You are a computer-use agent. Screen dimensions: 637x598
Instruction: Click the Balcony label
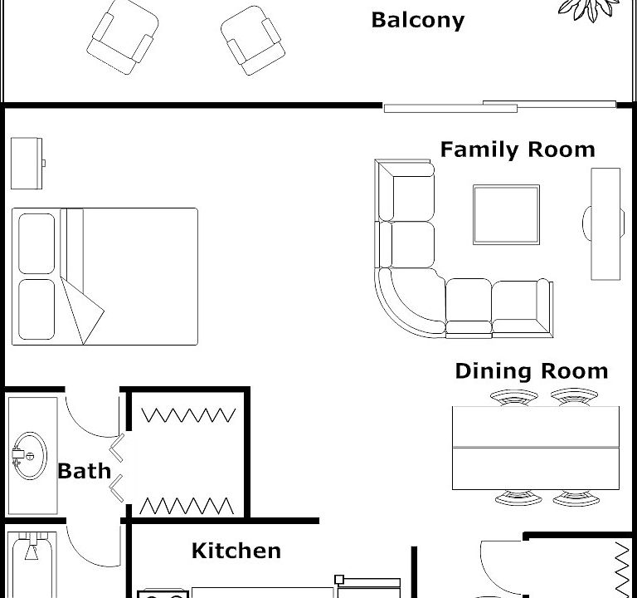(418, 20)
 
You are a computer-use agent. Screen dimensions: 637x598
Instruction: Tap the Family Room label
(518, 149)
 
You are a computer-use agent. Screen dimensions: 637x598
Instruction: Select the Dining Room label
(532, 371)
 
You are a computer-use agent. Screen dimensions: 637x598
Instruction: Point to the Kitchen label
(236, 551)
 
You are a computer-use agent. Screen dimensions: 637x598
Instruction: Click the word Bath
(84, 471)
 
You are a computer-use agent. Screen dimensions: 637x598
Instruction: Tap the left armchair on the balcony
(123, 37)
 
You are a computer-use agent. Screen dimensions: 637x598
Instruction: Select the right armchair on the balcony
(253, 41)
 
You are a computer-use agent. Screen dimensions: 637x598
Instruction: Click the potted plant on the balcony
(589, 10)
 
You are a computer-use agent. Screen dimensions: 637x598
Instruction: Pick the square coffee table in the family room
(506, 215)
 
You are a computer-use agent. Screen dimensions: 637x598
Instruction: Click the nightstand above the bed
(27, 164)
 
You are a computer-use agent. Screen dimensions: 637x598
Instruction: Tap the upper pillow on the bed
(36, 243)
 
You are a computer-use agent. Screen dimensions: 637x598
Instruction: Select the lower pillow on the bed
(36, 310)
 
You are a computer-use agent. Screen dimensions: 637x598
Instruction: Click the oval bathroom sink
(29, 455)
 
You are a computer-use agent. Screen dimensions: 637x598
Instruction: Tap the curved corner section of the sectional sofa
(410, 303)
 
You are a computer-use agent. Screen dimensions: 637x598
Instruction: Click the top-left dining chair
(514, 398)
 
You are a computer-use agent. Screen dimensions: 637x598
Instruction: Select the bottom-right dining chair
(576, 498)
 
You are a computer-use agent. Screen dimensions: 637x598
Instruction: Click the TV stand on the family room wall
(605, 223)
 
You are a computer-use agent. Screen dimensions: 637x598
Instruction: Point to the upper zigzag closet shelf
(188, 415)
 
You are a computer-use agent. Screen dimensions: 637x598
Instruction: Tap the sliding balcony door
(499, 106)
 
